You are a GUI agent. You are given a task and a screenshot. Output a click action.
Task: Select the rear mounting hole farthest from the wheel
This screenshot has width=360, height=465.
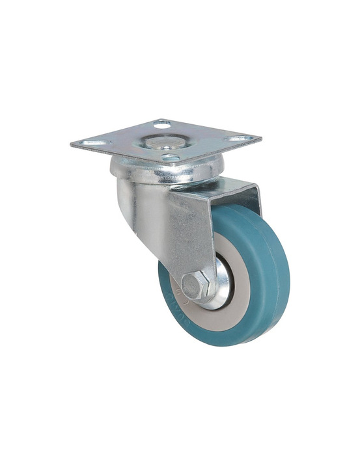pyautogui.click(x=161, y=124)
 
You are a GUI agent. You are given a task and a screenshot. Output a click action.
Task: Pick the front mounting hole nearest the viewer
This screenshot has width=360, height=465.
pyautogui.click(x=171, y=157)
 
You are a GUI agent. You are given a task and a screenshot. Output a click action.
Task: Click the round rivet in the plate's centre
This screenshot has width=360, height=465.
pyautogui.click(x=163, y=141)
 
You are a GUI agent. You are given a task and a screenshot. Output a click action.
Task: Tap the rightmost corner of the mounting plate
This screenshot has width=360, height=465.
pyautogui.click(x=261, y=138)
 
